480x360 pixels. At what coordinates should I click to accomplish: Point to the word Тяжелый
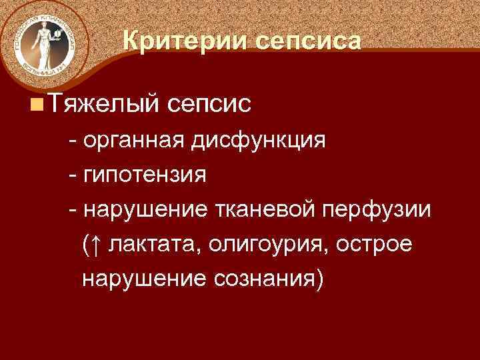103,103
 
